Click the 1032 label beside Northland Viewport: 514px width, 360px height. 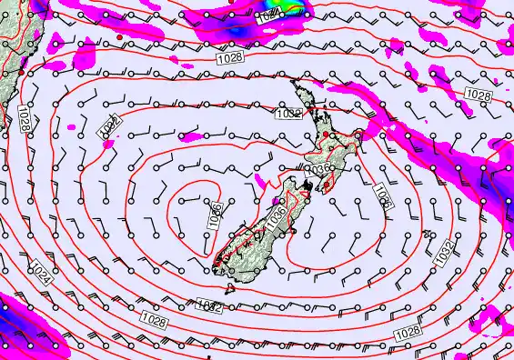[x=287, y=114]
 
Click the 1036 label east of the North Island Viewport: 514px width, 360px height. [x=382, y=198]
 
